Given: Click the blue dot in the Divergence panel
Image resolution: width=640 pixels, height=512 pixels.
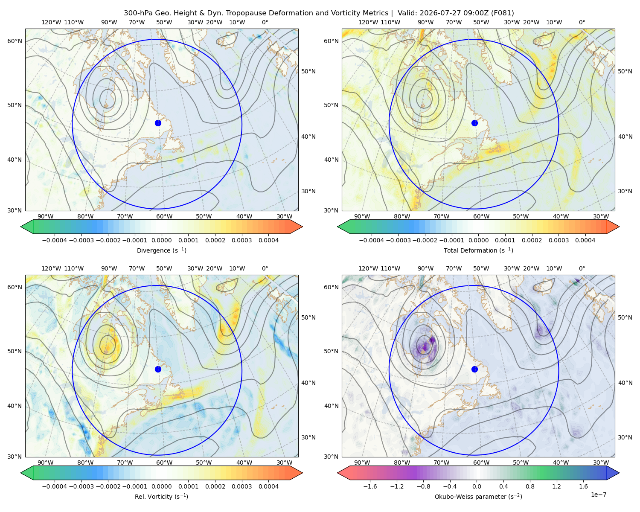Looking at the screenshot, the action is (x=158, y=123).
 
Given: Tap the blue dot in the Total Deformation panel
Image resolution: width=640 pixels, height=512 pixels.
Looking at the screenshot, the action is (x=474, y=123).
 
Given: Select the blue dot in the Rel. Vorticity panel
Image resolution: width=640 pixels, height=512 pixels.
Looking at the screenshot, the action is (x=158, y=369).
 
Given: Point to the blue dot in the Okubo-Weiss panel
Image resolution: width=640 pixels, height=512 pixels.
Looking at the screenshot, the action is (x=474, y=369).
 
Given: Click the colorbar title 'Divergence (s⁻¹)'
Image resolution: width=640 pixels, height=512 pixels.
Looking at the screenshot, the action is (x=161, y=250).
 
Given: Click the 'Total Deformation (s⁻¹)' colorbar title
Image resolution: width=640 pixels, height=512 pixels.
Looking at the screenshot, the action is (x=478, y=250).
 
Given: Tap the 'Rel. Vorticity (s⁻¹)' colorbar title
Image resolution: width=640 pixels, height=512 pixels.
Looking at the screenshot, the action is (x=161, y=496).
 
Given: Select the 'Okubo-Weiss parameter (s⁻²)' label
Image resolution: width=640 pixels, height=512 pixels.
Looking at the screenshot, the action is (x=478, y=496).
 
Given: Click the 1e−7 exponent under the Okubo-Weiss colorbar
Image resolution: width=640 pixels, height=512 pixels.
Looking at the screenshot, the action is (x=598, y=495).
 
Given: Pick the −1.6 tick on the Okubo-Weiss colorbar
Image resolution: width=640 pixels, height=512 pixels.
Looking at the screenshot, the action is (x=370, y=486).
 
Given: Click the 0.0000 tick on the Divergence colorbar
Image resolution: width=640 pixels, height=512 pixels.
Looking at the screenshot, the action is (x=161, y=240).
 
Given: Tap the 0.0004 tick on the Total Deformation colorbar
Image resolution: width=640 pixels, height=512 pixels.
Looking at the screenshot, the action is (x=585, y=240).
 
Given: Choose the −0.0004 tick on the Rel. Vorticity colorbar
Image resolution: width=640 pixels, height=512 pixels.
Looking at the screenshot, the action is (x=55, y=486).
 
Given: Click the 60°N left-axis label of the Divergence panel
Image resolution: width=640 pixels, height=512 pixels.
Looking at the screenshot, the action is (x=15, y=41).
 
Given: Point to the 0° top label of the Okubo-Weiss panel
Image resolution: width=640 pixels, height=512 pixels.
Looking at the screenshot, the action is (x=582, y=268).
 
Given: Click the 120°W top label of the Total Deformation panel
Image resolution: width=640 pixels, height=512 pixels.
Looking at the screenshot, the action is (x=368, y=22).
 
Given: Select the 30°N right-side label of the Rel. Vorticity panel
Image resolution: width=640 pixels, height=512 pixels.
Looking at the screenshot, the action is (x=308, y=437).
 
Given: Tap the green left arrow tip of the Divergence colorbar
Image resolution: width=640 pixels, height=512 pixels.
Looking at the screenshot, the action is (x=21, y=227).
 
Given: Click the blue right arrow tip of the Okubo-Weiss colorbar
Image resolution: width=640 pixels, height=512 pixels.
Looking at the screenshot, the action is (x=619, y=473).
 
